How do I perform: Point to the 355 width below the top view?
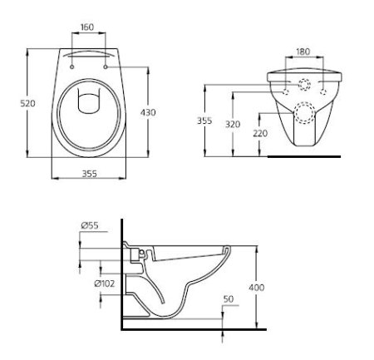91,174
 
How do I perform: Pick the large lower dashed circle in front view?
304,110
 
